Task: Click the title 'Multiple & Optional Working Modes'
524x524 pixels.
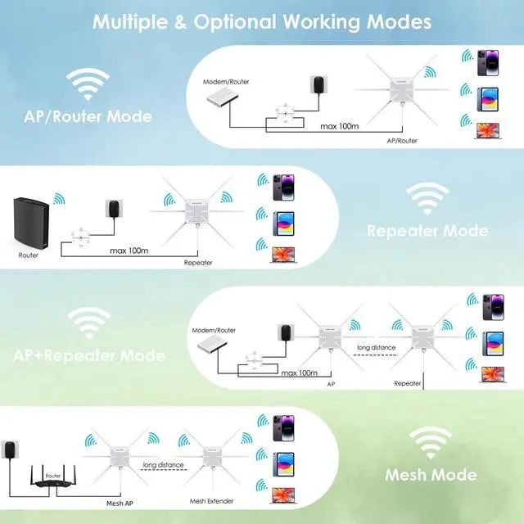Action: (x=262, y=21)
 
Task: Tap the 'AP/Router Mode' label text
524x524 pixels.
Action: (x=88, y=116)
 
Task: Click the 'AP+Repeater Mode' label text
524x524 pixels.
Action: (x=88, y=356)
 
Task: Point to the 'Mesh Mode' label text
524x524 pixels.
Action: (x=431, y=474)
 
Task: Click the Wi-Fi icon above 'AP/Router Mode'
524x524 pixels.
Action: (x=88, y=84)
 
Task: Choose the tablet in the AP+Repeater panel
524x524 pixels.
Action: (x=493, y=341)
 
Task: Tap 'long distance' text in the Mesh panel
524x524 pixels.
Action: (x=161, y=465)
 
